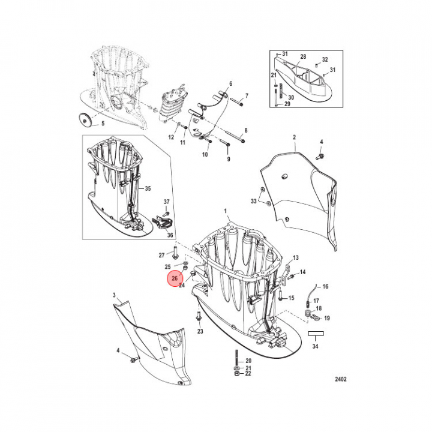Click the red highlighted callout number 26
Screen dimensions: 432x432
click(175, 278)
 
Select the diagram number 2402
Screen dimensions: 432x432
click(341, 379)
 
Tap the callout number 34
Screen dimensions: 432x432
click(315, 346)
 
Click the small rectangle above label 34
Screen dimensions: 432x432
click(316, 334)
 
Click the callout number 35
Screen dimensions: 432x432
click(148, 189)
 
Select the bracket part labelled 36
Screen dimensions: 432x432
click(162, 223)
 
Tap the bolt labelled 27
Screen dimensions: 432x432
click(175, 253)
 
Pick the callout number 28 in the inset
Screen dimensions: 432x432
click(303, 56)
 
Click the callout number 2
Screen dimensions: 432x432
click(294, 137)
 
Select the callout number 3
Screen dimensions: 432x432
click(115, 295)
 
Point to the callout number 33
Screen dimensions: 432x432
click(253, 202)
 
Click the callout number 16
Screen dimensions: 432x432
click(325, 287)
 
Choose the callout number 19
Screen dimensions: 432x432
click(327, 318)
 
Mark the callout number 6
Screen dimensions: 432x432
click(231, 83)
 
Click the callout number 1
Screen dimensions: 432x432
click(226, 211)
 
